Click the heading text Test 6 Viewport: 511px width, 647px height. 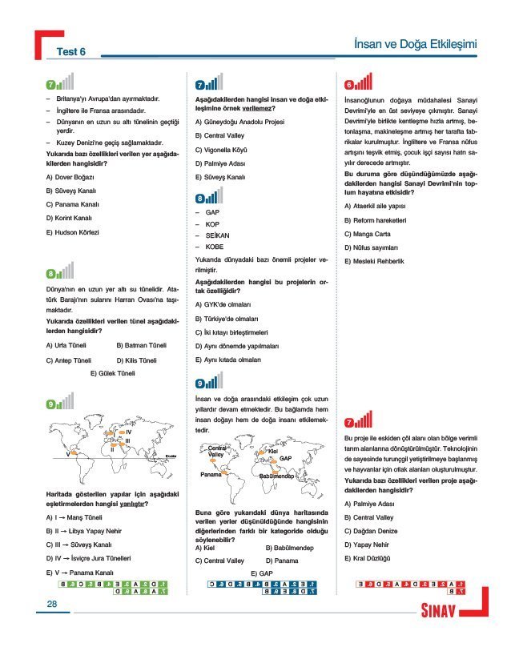point(70,53)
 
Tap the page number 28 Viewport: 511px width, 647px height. point(52,604)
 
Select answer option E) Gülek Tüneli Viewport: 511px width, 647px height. point(112,373)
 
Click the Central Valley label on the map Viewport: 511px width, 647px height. point(215,451)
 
